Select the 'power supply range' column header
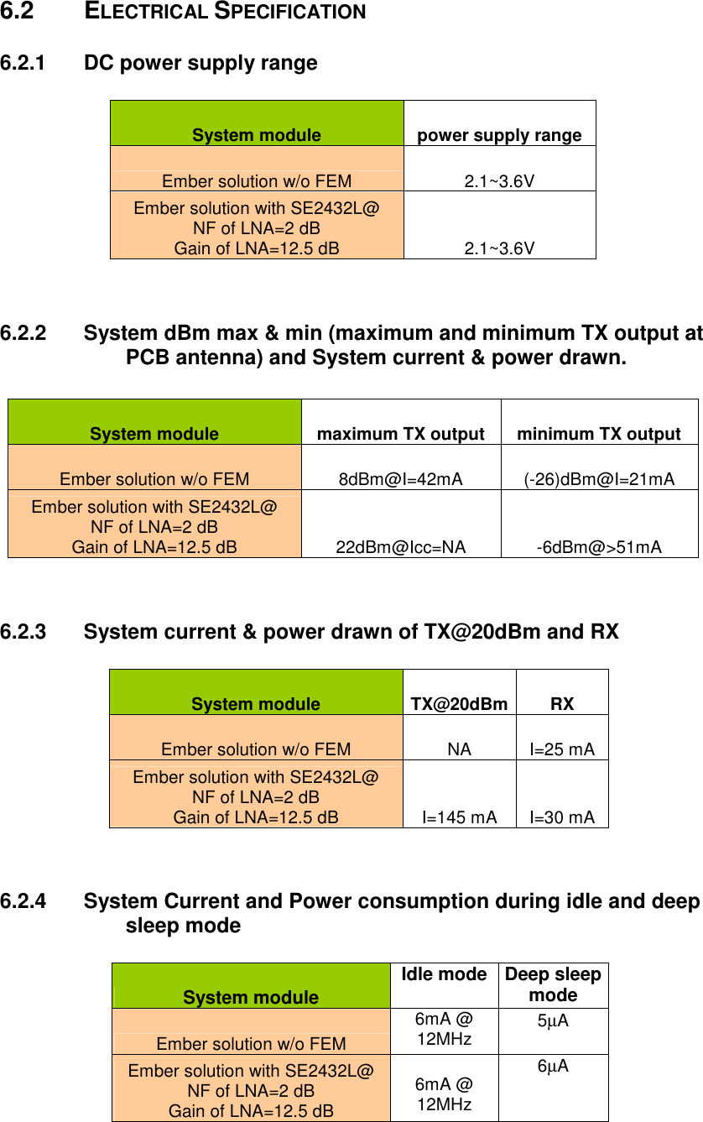point(499,135)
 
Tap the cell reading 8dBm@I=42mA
point(400,479)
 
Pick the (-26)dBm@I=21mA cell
point(599,479)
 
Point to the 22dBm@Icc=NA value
point(400,547)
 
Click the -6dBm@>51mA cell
point(599,547)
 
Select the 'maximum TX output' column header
point(400,434)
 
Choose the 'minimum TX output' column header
point(599,434)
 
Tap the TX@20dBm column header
point(459,704)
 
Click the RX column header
point(562,704)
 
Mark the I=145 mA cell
point(459,817)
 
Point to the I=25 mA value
point(562,749)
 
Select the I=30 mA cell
point(562,817)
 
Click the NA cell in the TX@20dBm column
point(459,749)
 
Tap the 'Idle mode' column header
point(444,974)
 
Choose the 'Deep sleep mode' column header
point(553,984)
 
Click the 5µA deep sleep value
point(553,1021)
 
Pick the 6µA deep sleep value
point(553,1066)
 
